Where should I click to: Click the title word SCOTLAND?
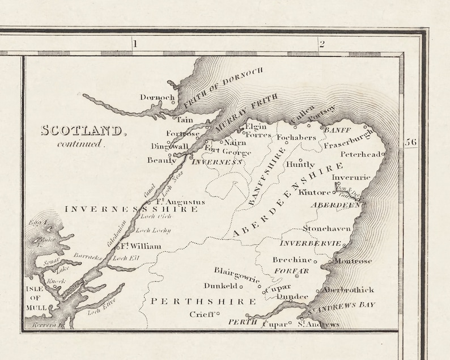(82, 130)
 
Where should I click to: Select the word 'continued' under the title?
(81, 143)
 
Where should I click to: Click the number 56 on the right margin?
(411, 142)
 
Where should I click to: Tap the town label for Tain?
(185, 120)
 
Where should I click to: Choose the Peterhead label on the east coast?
(360, 154)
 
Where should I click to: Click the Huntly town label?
(300, 165)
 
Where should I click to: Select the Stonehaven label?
(326, 228)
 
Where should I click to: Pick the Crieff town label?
(202, 314)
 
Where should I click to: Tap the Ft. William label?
(140, 246)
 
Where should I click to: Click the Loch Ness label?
(172, 180)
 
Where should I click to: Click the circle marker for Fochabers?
(286, 143)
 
